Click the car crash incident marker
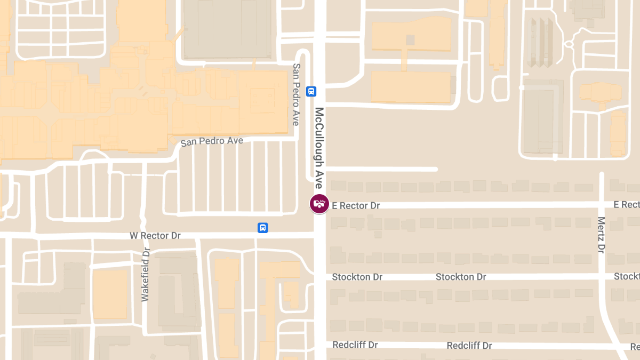point(319,204)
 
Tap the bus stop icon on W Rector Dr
point(263,228)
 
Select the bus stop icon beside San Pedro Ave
point(311,91)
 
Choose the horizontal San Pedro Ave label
point(212,142)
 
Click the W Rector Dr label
point(155,236)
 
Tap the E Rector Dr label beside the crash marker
point(356,205)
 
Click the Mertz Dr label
point(601,235)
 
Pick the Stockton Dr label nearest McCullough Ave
point(357,277)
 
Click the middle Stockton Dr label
point(461,277)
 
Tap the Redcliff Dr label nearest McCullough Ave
point(355,345)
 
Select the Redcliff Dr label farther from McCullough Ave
point(469,346)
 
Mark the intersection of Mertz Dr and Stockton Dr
point(602,276)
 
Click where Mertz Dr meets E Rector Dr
point(602,204)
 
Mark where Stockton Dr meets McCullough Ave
point(320,277)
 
